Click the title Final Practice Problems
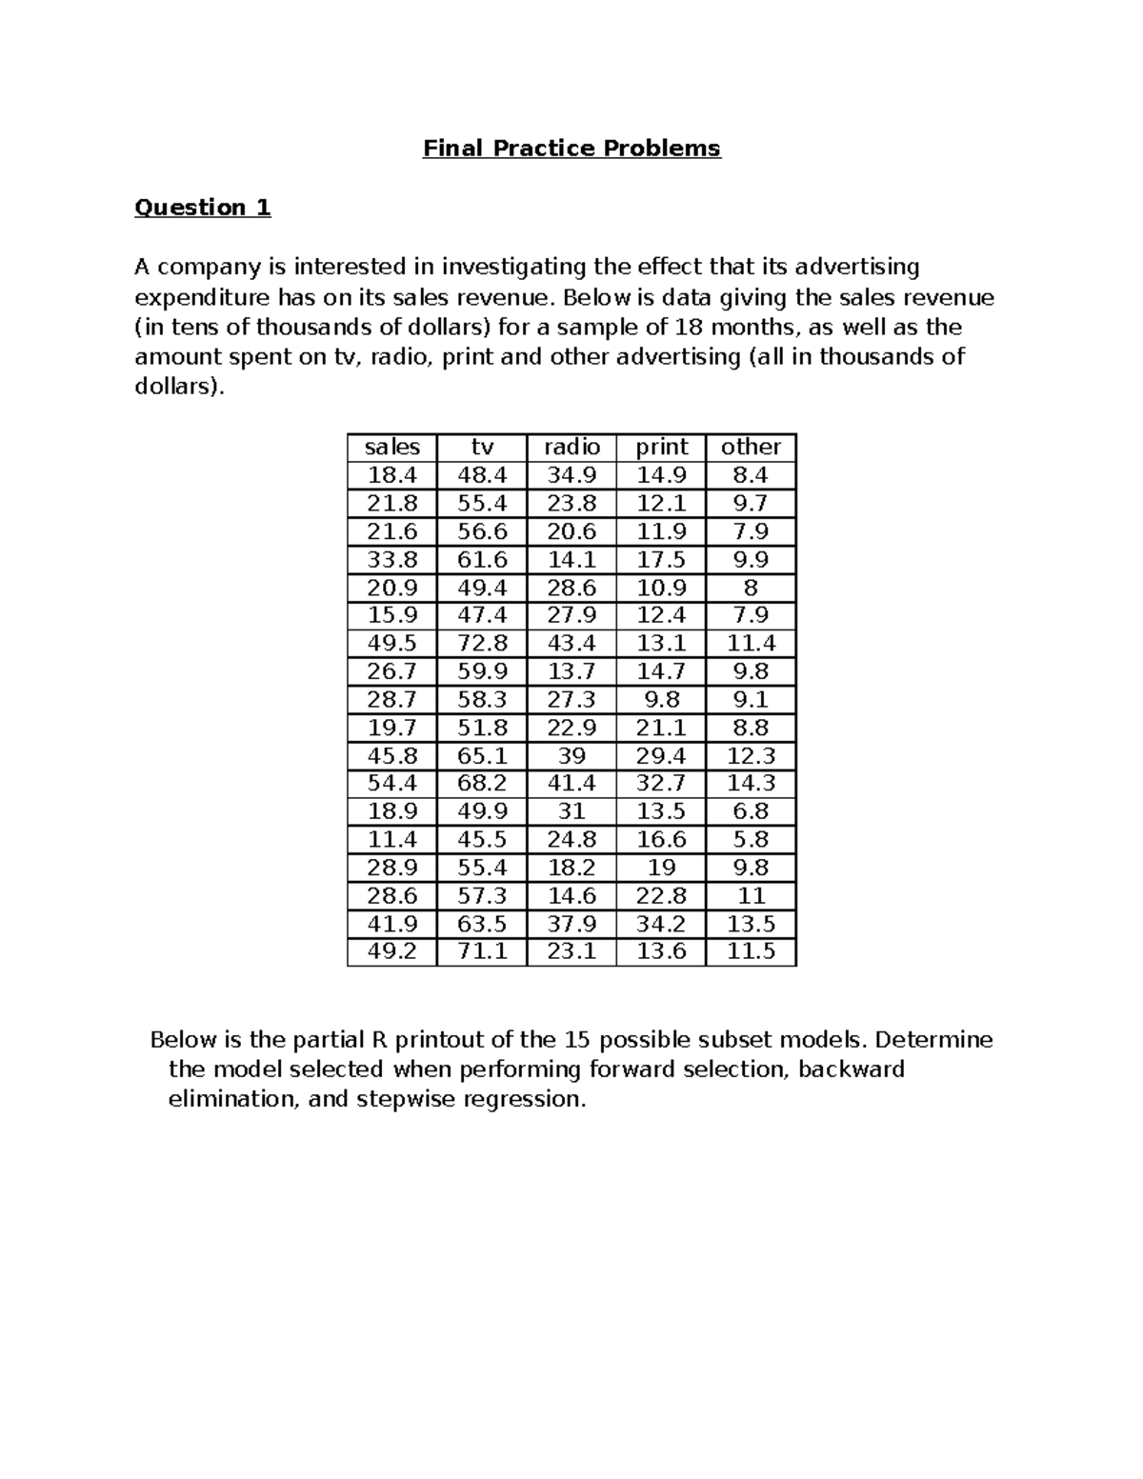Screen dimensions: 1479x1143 pos(571,149)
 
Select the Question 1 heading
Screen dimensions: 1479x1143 pos(202,208)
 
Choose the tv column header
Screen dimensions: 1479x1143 pos(482,447)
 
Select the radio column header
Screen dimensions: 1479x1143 pos(571,447)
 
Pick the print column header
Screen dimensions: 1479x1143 pos(661,447)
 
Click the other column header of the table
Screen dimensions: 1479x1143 pos(751,447)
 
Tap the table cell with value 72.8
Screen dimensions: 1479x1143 pos(482,643)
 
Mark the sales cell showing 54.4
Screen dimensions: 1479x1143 pos(391,783)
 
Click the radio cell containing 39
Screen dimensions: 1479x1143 pos(571,755)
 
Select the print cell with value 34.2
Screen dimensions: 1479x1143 pos(661,924)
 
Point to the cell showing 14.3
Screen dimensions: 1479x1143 pos(751,783)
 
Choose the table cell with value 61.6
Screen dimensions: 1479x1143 pos(482,559)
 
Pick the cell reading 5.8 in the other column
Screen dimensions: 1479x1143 pos(751,839)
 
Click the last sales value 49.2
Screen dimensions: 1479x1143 pos(391,951)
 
